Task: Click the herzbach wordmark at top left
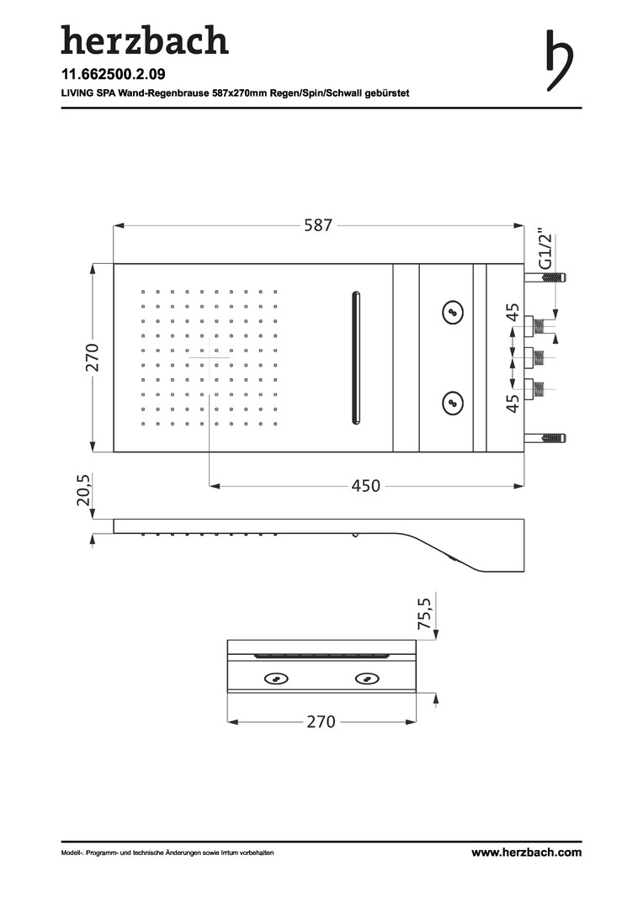coord(145,40)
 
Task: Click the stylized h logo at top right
coord(559,61)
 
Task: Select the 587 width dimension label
coord(318,224)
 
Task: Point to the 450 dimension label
coord(366,486)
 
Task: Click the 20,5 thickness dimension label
coord(84,490)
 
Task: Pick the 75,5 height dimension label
coord(425,613)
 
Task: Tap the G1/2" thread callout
coord(545,251)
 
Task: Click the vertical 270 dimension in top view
coord(93,357)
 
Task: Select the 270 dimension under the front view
coord(321,721)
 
